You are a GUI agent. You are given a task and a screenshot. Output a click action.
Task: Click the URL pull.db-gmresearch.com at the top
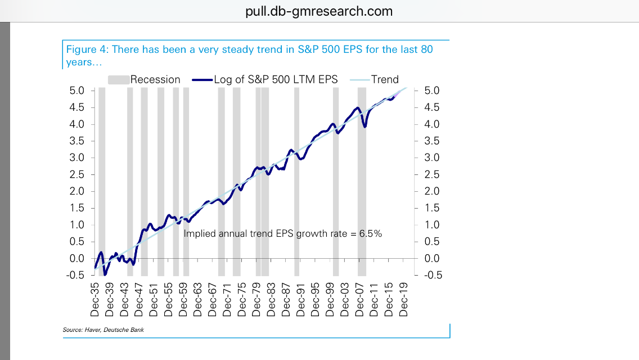pyautogui.click(x=319, y=11)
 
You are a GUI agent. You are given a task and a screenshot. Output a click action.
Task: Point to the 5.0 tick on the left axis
pyautogui.click(x=76, y=91)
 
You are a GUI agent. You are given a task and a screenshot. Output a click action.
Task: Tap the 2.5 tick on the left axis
pyautogui.click(x=76, y=174)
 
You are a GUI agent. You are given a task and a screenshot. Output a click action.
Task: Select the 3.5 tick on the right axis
pyautogui.click(x=430, y=141)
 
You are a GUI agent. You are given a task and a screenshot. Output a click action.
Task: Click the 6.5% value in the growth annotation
pyautogui.click(x=372, y=233)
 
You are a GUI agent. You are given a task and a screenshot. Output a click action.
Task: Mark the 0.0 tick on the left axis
pyautogui.click(x=76, y=258)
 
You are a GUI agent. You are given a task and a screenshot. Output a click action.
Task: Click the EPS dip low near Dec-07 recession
pyautogui.click(x=364, y=127)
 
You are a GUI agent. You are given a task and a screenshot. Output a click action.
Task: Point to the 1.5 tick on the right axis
pyautogui.click(x=430, y=208)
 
